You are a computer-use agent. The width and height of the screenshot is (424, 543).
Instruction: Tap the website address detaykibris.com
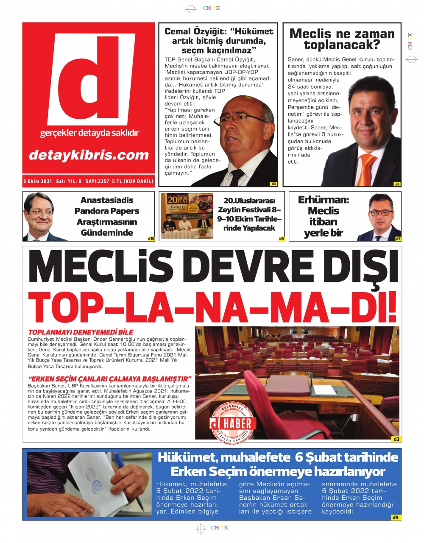click(89, 155)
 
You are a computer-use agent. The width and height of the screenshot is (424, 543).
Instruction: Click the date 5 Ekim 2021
click(37, 181)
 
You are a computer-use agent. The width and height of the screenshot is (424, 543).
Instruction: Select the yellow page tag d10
click(151, 239)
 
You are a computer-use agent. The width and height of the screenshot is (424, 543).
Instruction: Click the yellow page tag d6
click(397, 184)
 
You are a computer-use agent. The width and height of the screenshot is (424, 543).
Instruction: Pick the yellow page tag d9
click(395, 517)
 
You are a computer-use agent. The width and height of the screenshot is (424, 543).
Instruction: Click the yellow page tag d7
click(398, 239)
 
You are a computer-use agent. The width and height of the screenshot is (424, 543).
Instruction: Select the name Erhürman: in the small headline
click(323, 200)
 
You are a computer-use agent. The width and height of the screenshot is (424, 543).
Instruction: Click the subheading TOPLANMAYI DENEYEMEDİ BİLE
click(81, 332)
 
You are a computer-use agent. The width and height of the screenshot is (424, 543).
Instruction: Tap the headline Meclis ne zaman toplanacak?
click(342, 39)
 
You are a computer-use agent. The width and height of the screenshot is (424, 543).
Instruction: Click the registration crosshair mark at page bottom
click(200, 528)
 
